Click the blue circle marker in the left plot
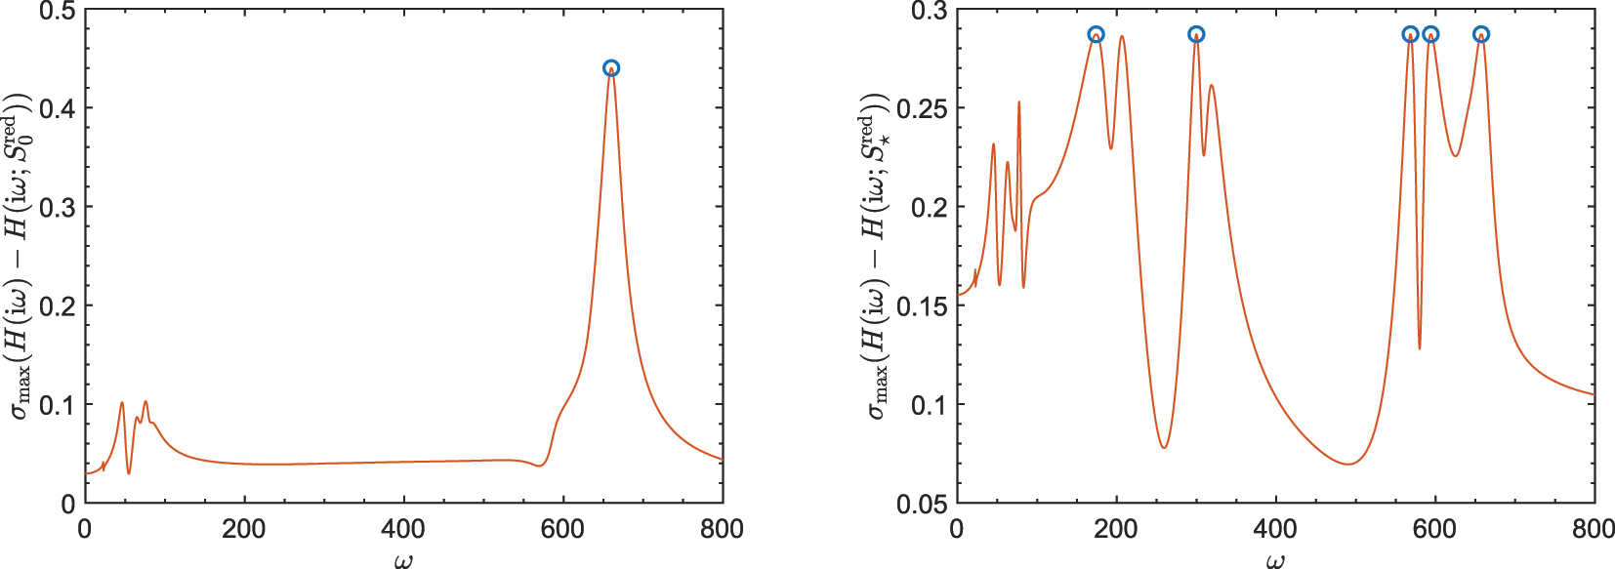click(x=611, y=68)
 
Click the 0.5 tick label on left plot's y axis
click(x=58, y=12)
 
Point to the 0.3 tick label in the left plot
click(x=58, y=208)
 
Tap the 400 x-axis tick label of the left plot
click(x=403, y=530)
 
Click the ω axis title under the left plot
click(x=403, y=559)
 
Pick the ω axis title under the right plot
click(x=1275, y=559)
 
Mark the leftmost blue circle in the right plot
click(x=1097, y=34)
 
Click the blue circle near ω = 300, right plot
click(x=1196, y=34)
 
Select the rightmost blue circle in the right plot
click(x=1481, y=34)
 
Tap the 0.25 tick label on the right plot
click(x=922, y=109)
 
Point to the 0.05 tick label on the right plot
click(x=922, y=505)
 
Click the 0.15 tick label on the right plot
click(x=922, y=306)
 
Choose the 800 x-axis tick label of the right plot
click(x=1594, y=530)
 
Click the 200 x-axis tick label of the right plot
click(x=1116, y=530)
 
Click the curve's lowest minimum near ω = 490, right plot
click(x=1348, y=464)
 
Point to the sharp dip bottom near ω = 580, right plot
click(x=1420, y=348)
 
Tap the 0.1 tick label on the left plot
click(x=58, y=405)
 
